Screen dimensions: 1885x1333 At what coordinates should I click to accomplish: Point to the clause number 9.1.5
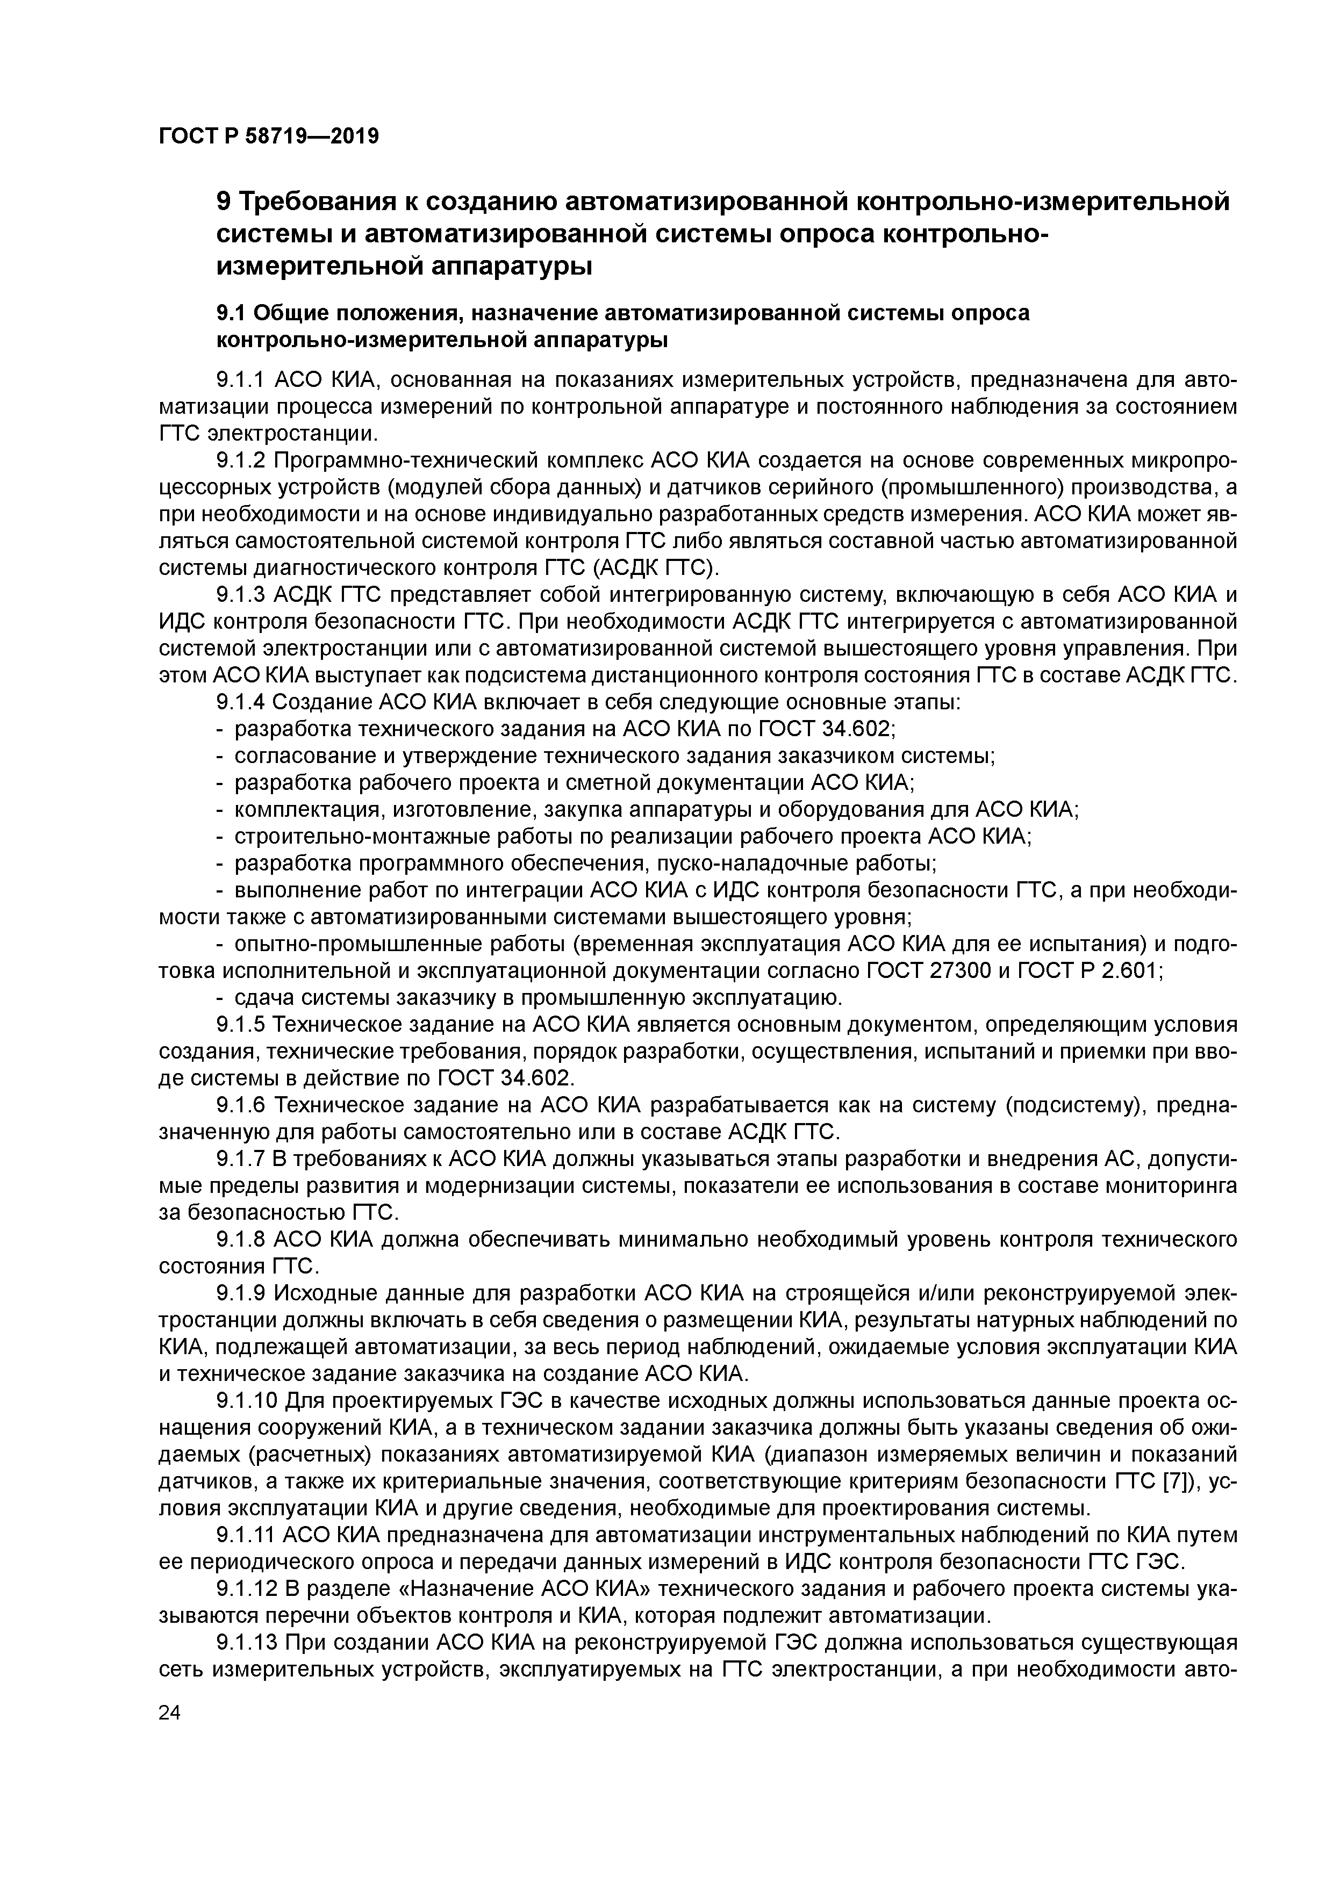241,1025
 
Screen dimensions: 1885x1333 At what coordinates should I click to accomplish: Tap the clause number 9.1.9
241,1294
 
